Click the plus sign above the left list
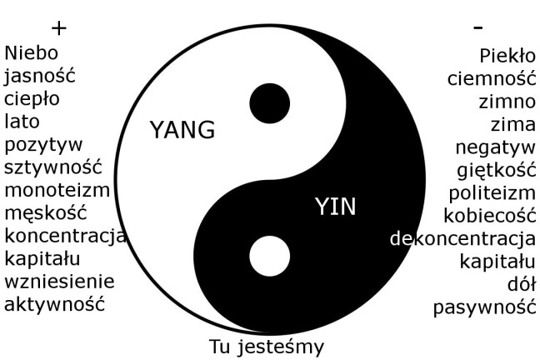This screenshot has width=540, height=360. (58, 27)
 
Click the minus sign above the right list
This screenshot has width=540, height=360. (477, 27)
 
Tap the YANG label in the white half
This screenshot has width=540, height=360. (182, 130)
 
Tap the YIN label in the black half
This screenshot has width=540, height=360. (335, 207)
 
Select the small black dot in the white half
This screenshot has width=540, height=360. (270, 103)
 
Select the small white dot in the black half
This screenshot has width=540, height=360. (269, 255)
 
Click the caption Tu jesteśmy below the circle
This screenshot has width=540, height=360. (265, 346)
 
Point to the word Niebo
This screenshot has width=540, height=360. (32, 54)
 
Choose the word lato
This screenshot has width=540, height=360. (22, 122)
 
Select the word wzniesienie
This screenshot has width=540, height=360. (59, 281)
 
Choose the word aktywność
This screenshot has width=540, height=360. (55, 303)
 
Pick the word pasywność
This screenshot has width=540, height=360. (483, 307)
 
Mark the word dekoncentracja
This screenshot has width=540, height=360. (462, 239)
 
